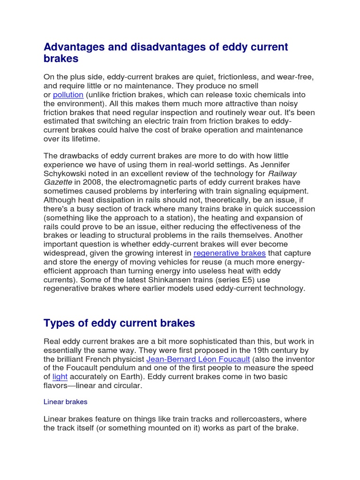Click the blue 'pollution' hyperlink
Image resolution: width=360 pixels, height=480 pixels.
tap(68, 95)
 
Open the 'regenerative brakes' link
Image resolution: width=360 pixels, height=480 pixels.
tap(229, 254)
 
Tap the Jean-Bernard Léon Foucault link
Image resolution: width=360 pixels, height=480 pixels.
tap(198, 360)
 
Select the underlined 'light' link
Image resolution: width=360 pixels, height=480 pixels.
tap(60, 377)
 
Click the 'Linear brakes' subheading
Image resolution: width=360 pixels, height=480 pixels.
tap(65, 402)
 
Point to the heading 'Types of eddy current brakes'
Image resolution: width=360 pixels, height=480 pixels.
tap(119, 323)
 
